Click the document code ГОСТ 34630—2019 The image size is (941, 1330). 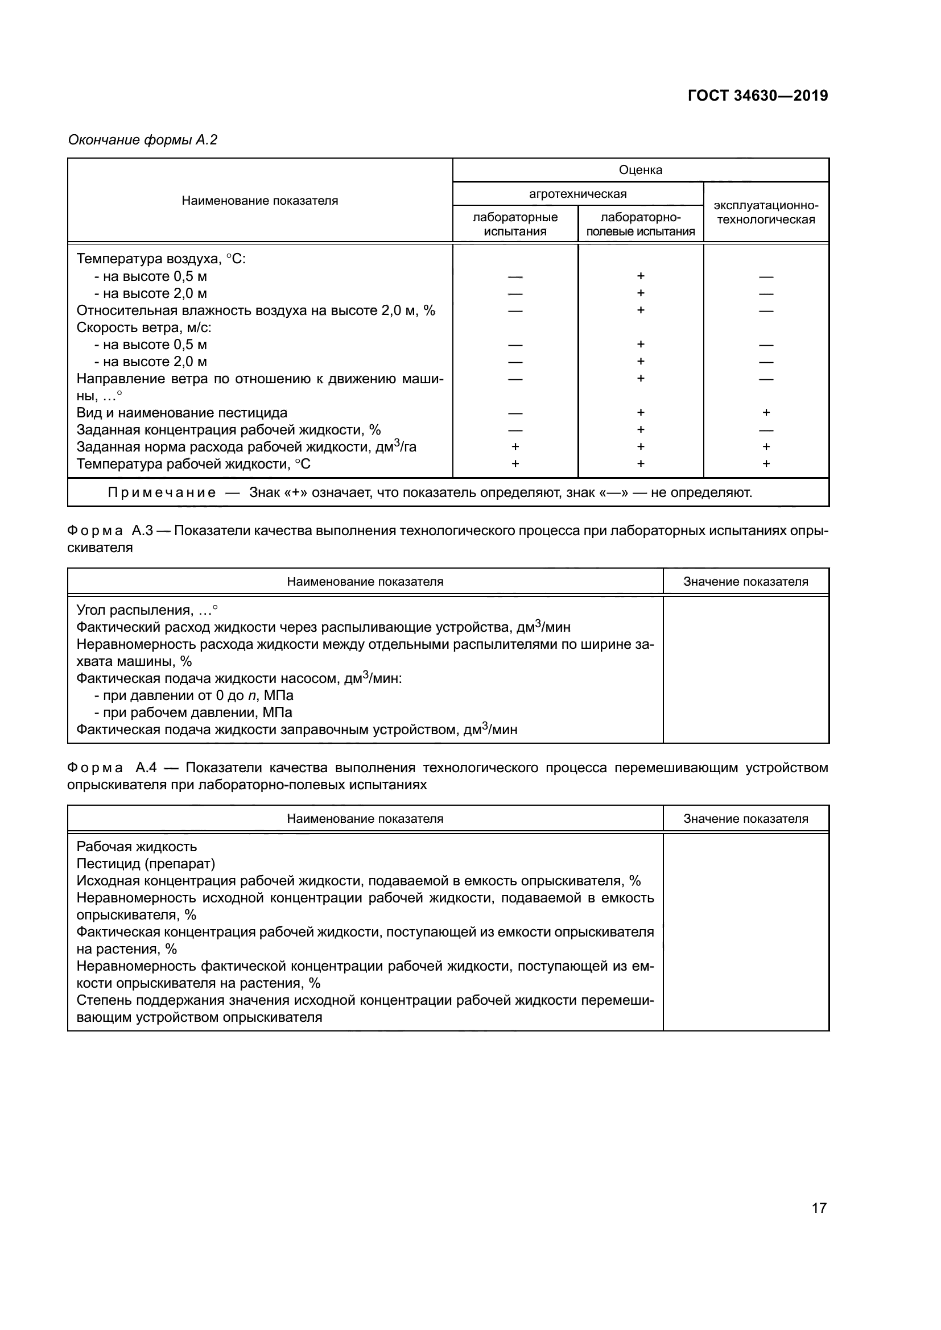point(757,96)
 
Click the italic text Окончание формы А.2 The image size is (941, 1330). point(143,140)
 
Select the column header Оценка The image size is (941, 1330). point(640,169)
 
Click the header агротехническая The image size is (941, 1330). point(577,194)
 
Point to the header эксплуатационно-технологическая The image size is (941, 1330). point(765,213)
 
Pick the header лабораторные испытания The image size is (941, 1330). point(515,224)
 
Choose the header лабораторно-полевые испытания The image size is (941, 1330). point(640,224)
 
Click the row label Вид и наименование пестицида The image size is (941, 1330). point(182,413)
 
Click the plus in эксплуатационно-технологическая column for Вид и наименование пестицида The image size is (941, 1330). point(766,412)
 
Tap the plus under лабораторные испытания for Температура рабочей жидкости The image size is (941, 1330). point(515,463)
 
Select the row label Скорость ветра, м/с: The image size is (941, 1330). point(144,328)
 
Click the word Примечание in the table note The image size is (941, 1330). point(162,492)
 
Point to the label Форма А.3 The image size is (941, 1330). point(110,531)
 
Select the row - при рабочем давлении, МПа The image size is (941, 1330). point(193,712)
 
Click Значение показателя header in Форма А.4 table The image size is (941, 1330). point(745,818)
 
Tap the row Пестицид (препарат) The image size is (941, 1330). point(146,864)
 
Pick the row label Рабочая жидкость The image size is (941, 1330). point(137,847)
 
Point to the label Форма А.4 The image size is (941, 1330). point(112,768)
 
